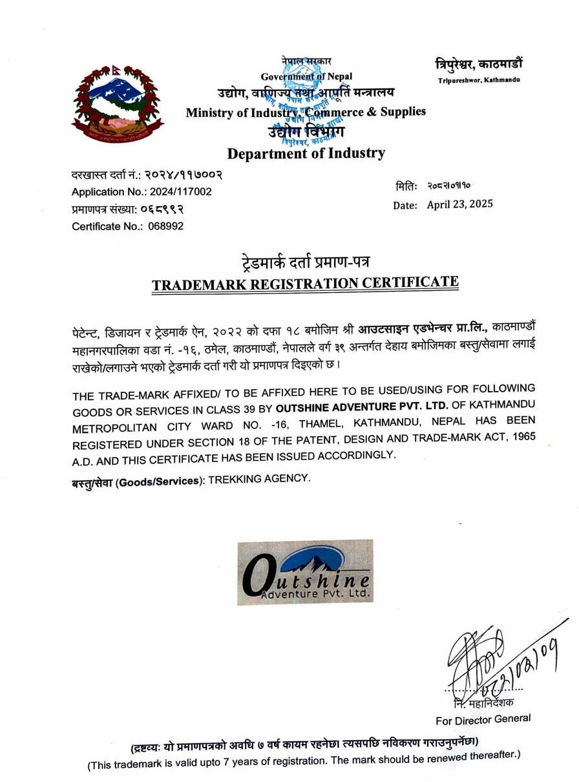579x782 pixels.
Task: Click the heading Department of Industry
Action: point(306,153)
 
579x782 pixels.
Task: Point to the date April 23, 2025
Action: point(459,204)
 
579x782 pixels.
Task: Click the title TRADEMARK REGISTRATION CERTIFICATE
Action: point(305,283)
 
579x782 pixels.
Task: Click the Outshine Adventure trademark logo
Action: point(304,571)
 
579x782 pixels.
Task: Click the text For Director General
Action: point(483,719)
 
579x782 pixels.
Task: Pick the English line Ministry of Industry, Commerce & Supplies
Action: point(306,112)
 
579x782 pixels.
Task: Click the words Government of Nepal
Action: point(306,77)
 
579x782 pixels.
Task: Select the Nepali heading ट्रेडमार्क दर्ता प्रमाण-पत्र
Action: point(305,263)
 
